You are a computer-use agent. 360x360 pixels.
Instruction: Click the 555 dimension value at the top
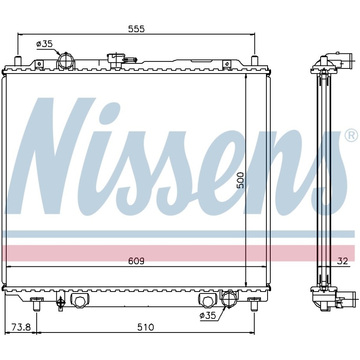point(137,29)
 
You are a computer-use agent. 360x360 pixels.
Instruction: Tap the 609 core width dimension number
point(137,261)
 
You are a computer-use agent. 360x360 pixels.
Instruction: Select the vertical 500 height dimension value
point(240,180)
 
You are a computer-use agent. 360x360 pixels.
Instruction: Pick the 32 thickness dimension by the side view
point(343,261)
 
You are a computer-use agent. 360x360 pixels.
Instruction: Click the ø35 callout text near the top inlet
point(44,43)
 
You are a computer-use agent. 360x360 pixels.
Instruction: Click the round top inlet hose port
point(66,61)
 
